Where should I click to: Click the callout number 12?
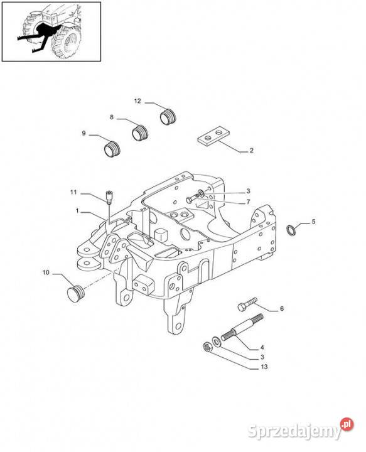(137, 101)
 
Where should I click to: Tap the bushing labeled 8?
(140, 132)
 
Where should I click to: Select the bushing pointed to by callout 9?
(112, 149)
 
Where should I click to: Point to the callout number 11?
(74, 192)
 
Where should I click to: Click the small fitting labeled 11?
(109, 198)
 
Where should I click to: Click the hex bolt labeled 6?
(247, 304)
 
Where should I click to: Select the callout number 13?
(264, 367)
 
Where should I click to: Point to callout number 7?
(248, 202)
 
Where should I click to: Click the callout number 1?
(77, 212)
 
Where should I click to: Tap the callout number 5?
(313, 222)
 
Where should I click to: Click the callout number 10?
(46, 272)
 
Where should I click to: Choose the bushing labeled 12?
(168, 117)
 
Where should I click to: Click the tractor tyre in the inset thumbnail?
(66, 42)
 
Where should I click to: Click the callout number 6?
(282, 308)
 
